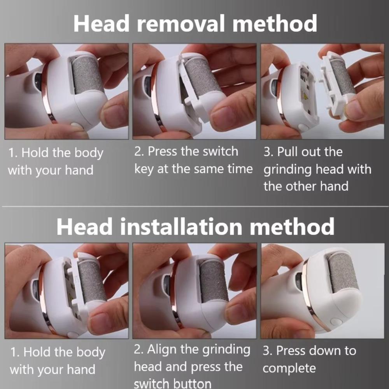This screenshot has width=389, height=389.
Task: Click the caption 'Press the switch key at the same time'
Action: click(193, 160)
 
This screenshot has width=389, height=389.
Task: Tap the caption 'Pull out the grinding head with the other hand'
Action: click(317, 169)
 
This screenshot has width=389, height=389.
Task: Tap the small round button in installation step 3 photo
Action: click(336, 322)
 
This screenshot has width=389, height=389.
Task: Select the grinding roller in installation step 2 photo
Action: click(214, 282)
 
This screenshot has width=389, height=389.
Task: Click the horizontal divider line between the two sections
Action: click(194, 207)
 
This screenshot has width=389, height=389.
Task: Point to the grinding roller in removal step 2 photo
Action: click(202, 78)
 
